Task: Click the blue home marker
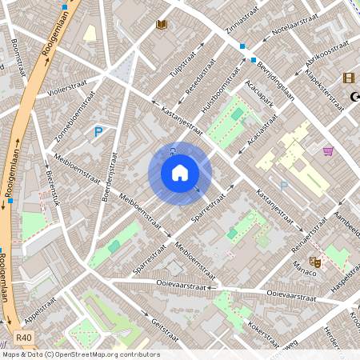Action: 180,173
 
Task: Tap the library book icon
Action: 162,25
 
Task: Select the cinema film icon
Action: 348,78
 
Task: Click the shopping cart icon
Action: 328,150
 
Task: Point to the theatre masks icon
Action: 315,262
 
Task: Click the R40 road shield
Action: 24,338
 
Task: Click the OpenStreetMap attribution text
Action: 80,354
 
